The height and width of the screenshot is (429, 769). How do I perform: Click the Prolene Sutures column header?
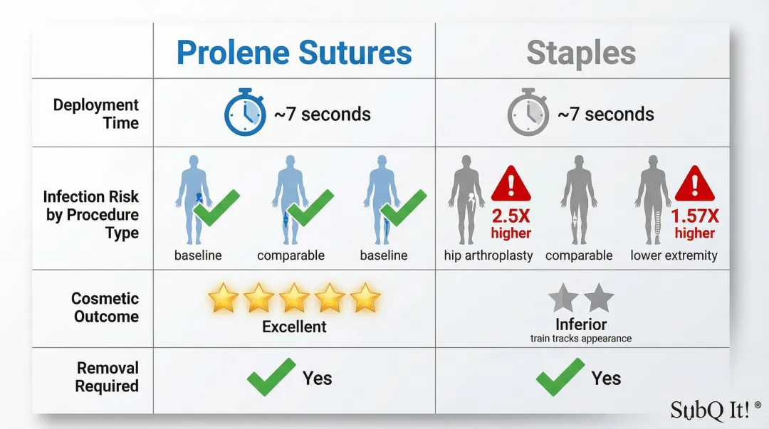coord(294,53)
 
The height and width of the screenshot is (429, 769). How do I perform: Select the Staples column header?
coord(581,53)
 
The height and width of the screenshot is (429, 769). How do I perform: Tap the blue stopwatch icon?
coord(245,113)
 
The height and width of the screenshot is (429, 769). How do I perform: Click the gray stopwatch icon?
coord(528,113)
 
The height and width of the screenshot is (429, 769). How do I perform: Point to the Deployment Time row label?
coord(96,114)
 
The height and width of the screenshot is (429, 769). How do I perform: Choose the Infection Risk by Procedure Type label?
coord(91,215)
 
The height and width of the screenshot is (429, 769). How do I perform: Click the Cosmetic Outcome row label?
coord(105,307)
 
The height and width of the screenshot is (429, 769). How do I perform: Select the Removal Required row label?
coord(108,377)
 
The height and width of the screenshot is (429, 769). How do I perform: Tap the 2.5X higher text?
coord(511,223)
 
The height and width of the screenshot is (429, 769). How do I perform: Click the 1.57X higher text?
coord(694,223)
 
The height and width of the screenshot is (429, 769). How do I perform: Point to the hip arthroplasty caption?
coord(488,255)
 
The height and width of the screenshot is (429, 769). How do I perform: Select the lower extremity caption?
coord(674,255)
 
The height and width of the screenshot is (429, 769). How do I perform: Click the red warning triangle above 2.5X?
coord(511,184)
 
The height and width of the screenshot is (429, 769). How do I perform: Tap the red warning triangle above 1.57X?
coord(694,184)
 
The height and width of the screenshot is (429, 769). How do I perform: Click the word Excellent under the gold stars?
coord(294,327)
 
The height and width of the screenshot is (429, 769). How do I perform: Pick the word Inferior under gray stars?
coord(580,325)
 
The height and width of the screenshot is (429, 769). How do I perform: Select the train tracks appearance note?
coord(580,339)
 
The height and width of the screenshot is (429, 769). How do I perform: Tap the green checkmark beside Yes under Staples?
coord(560,377)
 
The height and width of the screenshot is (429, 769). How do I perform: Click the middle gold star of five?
coord(294,298)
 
